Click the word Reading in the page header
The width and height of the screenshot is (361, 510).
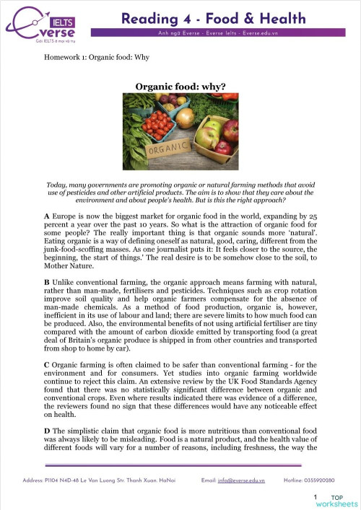(149, 18)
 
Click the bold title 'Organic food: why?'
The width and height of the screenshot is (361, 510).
(180, 87)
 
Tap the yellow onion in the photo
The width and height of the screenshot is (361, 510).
(186, 118)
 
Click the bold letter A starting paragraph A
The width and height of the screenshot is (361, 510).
(46, 216)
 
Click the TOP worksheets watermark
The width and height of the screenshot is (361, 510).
(339, 500)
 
